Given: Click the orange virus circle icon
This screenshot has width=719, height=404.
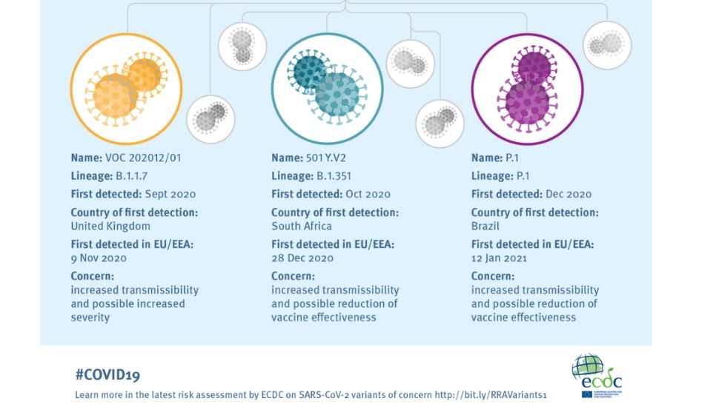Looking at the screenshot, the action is click(126, 89).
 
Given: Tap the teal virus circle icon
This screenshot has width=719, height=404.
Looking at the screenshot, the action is click(327, 89).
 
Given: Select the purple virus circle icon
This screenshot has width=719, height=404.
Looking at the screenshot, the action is click(527, 89).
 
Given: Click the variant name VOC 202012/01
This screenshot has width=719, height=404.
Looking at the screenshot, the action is click(143, 158).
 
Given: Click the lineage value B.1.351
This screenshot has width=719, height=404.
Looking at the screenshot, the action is click(334, 176).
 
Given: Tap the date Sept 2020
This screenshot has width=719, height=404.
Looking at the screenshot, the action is click(170, 195).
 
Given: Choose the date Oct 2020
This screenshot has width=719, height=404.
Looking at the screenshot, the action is click(368, 194).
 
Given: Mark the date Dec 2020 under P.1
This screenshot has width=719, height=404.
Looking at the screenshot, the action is click(569, 194).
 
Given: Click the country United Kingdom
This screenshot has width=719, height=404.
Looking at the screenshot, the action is click(110, 226).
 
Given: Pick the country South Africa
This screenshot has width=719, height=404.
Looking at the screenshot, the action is click(301, 226).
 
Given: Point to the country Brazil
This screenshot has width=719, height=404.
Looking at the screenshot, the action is click(486, 226).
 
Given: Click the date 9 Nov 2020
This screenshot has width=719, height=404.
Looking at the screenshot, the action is click(99, 258).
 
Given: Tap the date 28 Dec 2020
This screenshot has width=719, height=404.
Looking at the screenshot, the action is click(302, 258).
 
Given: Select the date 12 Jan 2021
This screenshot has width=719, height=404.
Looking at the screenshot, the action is click(499, 258).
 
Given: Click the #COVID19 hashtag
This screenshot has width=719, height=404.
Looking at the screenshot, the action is click(107, 375).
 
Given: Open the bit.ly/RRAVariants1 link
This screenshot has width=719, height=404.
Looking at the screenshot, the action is click(491, 395).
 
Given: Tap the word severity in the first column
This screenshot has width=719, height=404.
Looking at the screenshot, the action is click(90, 317).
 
